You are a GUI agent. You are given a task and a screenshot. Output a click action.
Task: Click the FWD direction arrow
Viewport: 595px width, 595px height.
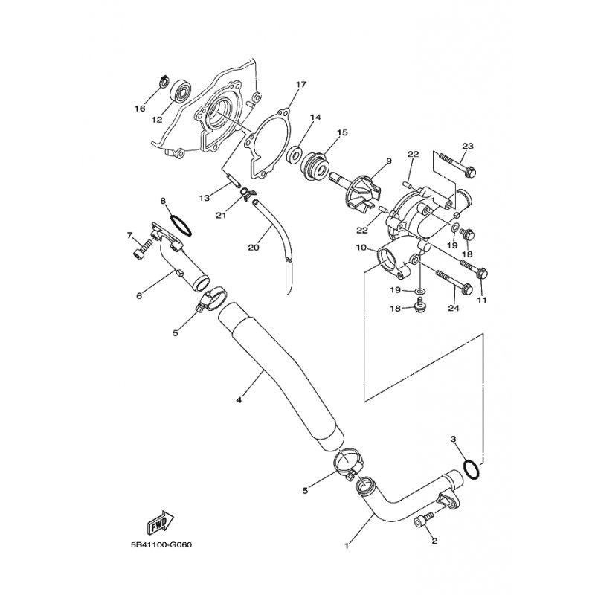click(x=160, y=523)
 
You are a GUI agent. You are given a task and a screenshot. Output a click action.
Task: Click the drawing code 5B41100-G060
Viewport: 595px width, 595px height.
click(x=161, y=545)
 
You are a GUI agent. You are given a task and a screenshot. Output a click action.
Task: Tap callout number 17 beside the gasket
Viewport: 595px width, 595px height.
click(x=301, y=85)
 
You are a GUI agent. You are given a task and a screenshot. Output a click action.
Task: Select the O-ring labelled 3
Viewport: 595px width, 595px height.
click(x=472, y=469)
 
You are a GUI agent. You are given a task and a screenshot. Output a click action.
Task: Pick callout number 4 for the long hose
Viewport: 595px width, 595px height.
click(x=239, y=400)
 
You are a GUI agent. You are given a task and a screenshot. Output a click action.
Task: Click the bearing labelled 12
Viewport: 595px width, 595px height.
click(x=180, y=91)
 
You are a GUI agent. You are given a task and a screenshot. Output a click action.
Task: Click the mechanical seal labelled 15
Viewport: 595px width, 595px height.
click(x=315, y=167)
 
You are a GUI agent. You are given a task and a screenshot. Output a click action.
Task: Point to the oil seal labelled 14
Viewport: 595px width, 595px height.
click(x=295, y=155)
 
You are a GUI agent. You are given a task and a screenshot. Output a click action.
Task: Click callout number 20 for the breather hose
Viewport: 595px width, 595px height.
click(x=254, y=248)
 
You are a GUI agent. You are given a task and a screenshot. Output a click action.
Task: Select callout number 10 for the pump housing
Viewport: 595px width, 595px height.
click(x=361, y=248)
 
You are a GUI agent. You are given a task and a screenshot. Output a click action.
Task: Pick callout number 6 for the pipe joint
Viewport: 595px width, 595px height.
click(x=139, y=295)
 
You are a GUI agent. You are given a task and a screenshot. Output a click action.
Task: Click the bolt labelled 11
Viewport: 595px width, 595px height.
click(x=474, y=268)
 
